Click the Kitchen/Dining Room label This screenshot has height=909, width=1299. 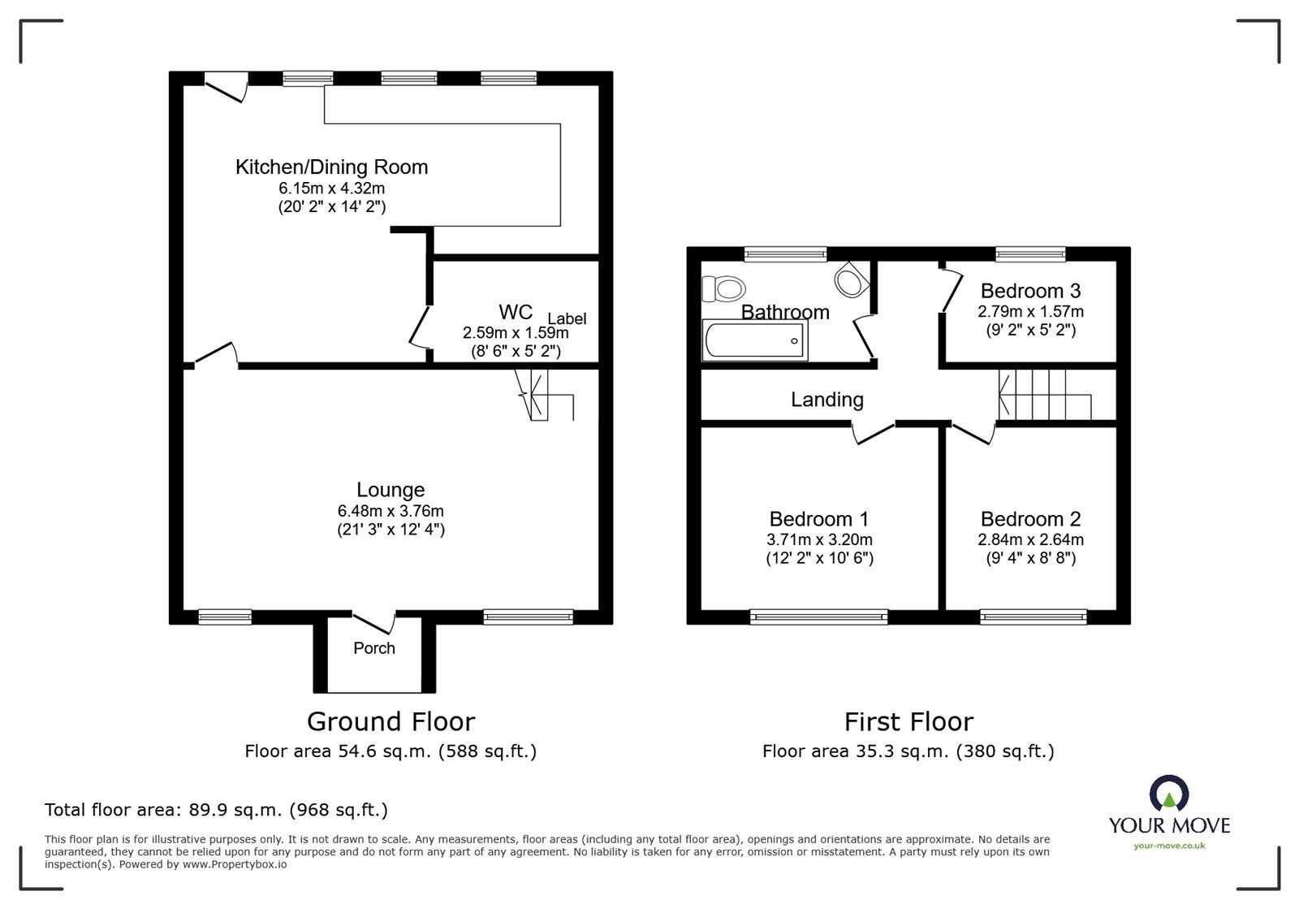(x=331, y=167)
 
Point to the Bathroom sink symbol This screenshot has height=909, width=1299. (x=850, y=280)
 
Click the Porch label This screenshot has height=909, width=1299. (x=374, y=648)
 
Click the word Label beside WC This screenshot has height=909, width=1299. (x=567, y=318)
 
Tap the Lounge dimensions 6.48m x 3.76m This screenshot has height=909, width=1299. (x=391, y=511)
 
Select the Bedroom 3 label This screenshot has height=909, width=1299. (x=1030, y=291)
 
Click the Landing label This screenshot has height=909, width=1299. (x=827, y=400)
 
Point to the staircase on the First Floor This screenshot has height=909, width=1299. (x=1043, y=395)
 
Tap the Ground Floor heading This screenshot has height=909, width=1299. (x=391, y=721)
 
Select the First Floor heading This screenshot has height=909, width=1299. (x=908, y=721)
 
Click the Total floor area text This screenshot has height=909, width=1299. (x=216, y=810)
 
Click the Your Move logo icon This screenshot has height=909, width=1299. (x=1169, y=795)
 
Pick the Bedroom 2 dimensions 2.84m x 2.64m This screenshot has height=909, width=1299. (x=1030, y=539)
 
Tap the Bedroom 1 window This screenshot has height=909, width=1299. (x=818, y=617)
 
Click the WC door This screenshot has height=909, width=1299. (x=420, y=327)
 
